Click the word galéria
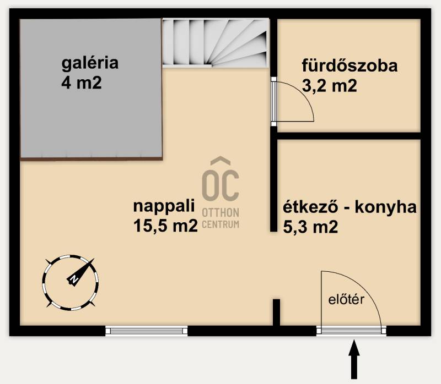(x=90, y=64)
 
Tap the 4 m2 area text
(x=81, y=83)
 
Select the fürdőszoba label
(x=349, y=65)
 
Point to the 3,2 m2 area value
(x=329, y=86)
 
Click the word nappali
(x=164, y=206)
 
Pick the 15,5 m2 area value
(x=165, y=226)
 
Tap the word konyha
(x=385, y=208)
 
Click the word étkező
(x=310, y=207)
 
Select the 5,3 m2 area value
(x=310, y=227)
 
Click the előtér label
(x=346, y=299)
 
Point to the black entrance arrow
(x=354, y=360)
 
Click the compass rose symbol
(x=71, y=282)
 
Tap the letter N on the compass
(x=74, y=279)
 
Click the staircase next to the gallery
(x=215, y=43)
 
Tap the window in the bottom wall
(x=147, y=331)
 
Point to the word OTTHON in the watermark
(x=220, y=213)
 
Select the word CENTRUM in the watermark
(x=220, y=224)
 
